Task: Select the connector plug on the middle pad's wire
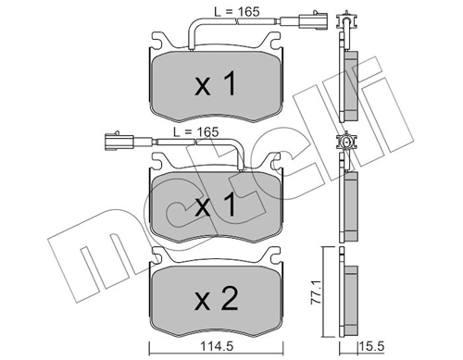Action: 113,142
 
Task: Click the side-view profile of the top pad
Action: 350,83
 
